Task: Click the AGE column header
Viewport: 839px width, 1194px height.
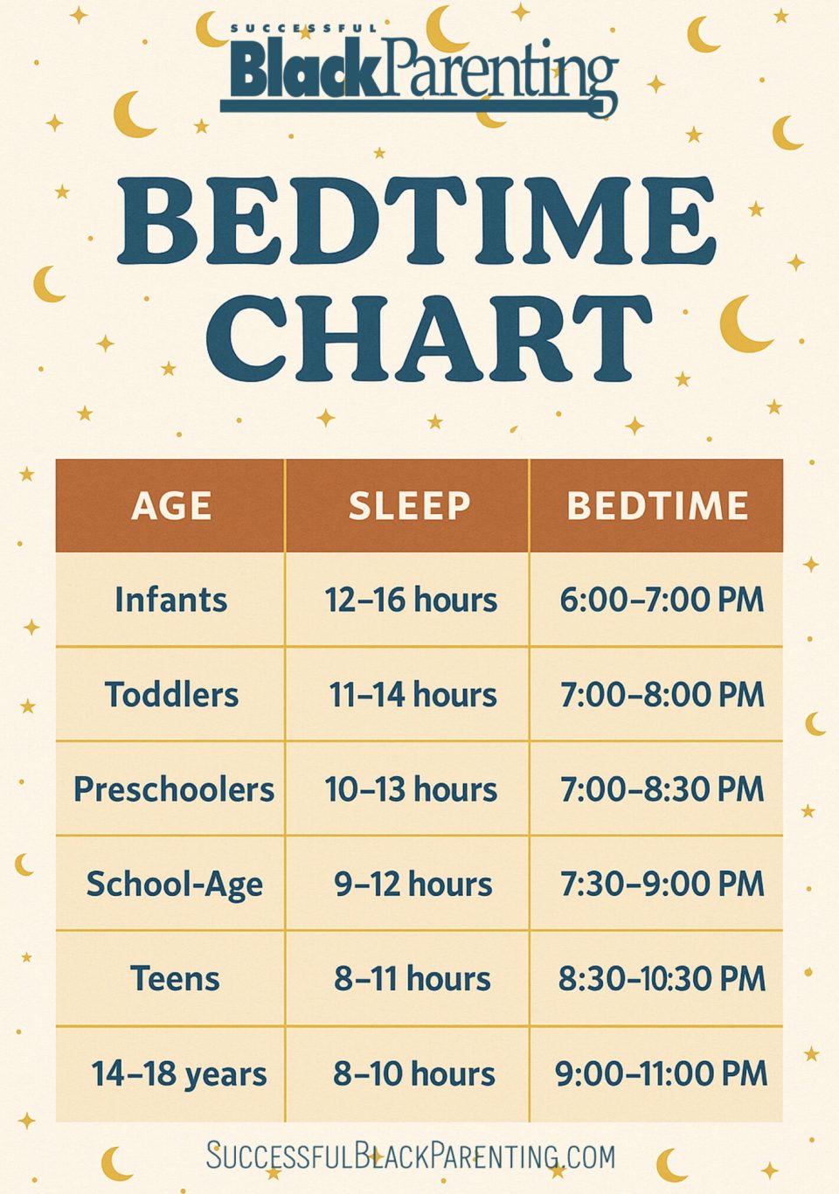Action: (171, 506)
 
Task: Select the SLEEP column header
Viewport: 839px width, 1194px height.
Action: (409, 506)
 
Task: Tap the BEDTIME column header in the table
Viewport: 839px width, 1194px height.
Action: (657, 506)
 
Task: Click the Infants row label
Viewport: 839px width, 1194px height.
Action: (171, 600)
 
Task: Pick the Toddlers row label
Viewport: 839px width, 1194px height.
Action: (171, 695)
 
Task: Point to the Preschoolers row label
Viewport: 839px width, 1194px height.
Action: (173, 789)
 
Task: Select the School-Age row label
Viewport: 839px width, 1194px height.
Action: (174, 884)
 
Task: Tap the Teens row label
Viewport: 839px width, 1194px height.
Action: (175, 979)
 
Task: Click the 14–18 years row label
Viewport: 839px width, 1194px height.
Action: (178, 1073)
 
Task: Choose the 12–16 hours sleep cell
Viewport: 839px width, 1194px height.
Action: (411, 600)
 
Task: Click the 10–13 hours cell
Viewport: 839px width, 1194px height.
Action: (411, 789)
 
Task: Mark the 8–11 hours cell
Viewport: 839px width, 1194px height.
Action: (413, 979)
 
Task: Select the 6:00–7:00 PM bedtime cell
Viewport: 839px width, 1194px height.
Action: (662, 600)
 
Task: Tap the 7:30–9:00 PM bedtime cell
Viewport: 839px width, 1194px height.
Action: (662, 884)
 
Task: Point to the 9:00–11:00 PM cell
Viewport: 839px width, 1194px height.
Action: (661, 1073)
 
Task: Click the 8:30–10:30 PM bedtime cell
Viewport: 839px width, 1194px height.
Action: (662, 979)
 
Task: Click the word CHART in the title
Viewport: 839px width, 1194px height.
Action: (428, 338)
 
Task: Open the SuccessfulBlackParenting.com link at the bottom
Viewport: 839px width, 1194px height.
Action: (411, 1156)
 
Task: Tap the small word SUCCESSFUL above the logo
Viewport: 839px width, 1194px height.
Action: (303, 29)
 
